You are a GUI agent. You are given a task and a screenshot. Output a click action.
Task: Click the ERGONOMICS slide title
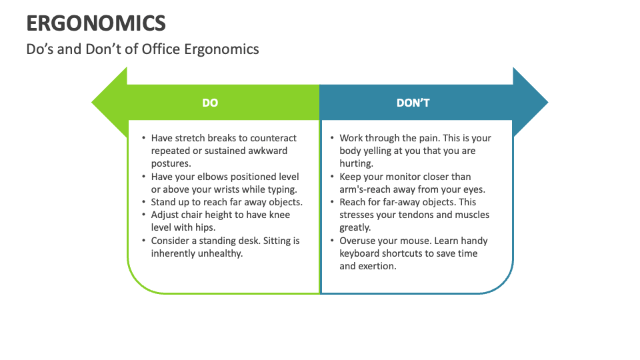click(x=96, y=23)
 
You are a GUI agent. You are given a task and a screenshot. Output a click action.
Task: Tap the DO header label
click(x=210, y=103)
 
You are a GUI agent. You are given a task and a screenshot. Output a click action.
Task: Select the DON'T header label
click(x=413, y=103)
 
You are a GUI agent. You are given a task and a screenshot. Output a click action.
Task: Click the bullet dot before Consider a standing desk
click(x=144, y=241)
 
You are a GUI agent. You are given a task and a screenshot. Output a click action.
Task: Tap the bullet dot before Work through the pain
click(x=332, y=138)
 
